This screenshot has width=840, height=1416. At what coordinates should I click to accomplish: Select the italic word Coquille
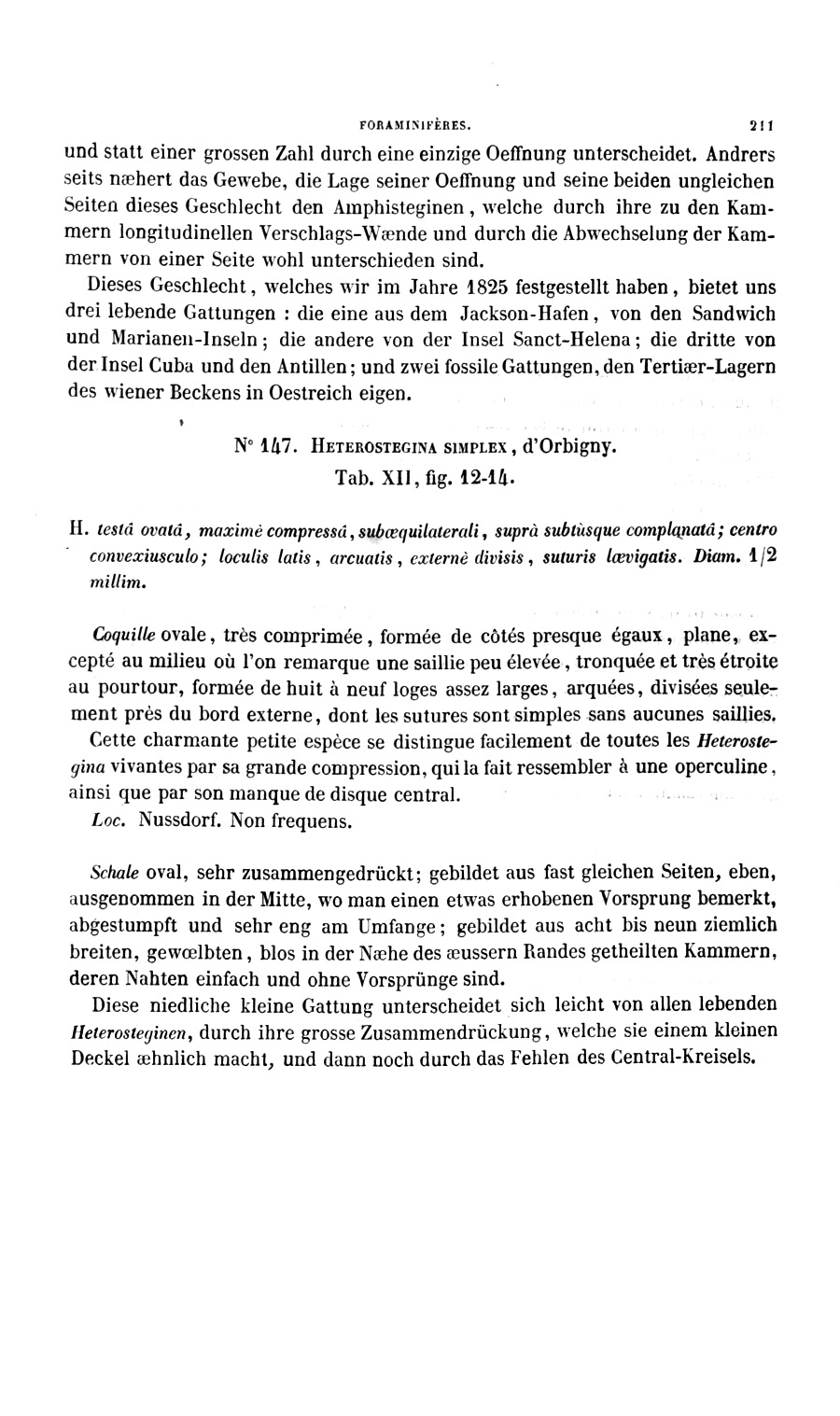123,637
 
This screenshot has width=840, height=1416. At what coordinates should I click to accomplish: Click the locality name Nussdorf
175,822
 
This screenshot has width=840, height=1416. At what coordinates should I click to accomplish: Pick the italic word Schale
114,875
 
